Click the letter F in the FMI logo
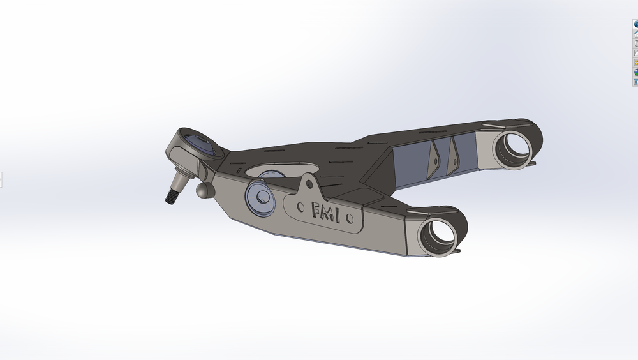pyautogui.click(x=316, y=211)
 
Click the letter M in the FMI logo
pyautogui.click(x=328, y=214)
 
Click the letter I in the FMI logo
pyautogui.click(x=339, y=216)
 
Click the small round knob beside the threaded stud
pyautogui.click(x=204, y=190)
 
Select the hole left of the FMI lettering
pyautogui.click(x=302, y=206)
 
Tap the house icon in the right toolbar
pyautogui.click(x=636, y=34)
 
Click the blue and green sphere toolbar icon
pyautogui.click(x=636, y=72)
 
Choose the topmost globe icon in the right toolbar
pyautogui.click(x=636, y=24)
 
